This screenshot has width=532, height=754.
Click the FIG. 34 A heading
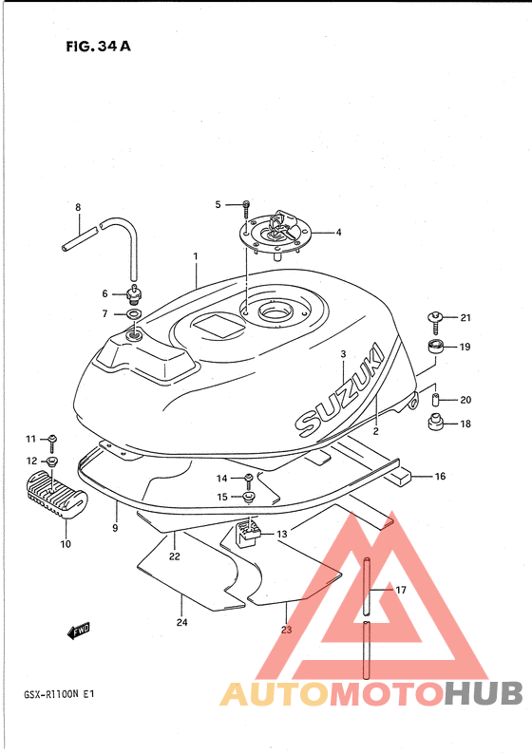click(98, 47)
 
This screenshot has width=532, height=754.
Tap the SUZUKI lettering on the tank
click(340, 390)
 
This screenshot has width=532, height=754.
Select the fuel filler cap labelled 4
click(276, 235)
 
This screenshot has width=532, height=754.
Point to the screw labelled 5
click(246, 208)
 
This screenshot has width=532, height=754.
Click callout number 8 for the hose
click(78, 208)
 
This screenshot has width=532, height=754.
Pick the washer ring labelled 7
click(134, 314)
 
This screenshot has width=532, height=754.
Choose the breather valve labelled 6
click(134, 294)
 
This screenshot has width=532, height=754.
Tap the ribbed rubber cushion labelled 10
click(57, 495)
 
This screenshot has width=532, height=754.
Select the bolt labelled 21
click(435, 322)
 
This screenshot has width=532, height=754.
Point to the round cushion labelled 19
click(436, 348)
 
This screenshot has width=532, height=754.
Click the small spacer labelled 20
click(435, 399)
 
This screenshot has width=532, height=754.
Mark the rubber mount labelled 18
click(435, 423)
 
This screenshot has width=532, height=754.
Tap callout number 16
click(440, 477)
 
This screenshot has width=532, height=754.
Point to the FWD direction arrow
click(79, 631)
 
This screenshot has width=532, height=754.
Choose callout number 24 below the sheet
click(181, 622)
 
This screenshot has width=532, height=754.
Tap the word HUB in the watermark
click(484, 693)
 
